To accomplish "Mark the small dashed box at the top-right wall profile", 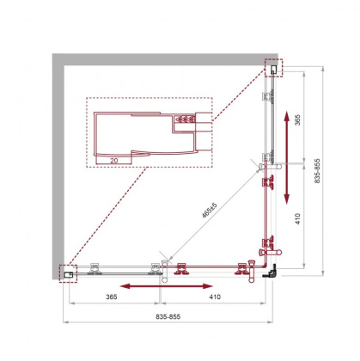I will coord(273,67).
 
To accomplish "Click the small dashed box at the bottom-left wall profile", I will coord(68,271).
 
